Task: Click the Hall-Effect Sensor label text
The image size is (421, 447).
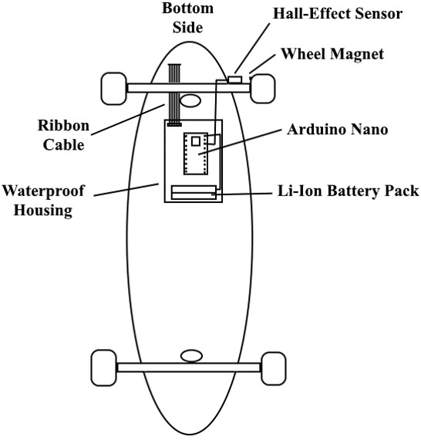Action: coord(338,13)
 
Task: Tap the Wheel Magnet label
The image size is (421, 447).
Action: coord(332,53)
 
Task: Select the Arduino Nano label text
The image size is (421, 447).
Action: coord(337,129)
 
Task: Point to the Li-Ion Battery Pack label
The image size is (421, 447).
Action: coord(348,191)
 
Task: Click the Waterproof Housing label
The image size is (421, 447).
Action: coord(43,201)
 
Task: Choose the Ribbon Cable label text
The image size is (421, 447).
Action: coord(63,135)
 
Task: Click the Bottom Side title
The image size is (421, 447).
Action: coord(187,18)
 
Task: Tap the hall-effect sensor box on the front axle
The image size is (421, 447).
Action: coord(235,80)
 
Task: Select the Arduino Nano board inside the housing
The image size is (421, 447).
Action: coord(196,154)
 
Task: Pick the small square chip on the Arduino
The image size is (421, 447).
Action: coord(196,141)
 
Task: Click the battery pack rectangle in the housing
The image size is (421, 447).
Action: coord(194,192)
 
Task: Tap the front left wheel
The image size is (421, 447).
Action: coord(114,89)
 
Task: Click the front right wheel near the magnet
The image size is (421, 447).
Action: coord(262,89)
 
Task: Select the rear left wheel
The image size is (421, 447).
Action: coord(104,367)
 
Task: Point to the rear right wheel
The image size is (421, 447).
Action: coord(273,368)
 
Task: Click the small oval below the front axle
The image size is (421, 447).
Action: coord(190,100)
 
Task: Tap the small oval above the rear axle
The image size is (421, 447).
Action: coord(191,356)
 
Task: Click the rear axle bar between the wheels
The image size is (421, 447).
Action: coord(189,367)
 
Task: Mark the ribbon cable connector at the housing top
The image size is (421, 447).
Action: coord(174,124)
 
